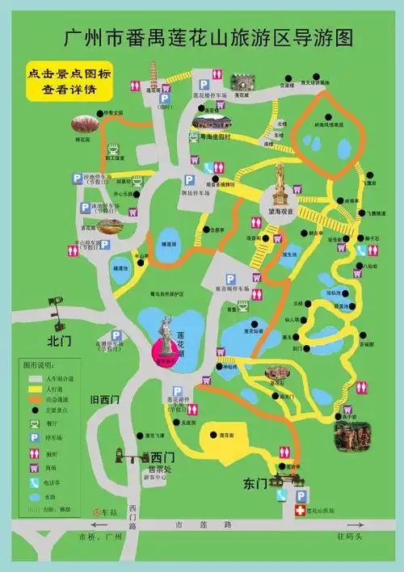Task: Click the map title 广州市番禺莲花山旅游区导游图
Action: tap(209, 38)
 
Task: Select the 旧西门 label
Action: tap(105, 399)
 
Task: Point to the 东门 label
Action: tap(255, 483)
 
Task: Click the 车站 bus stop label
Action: tap(107, 512)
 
